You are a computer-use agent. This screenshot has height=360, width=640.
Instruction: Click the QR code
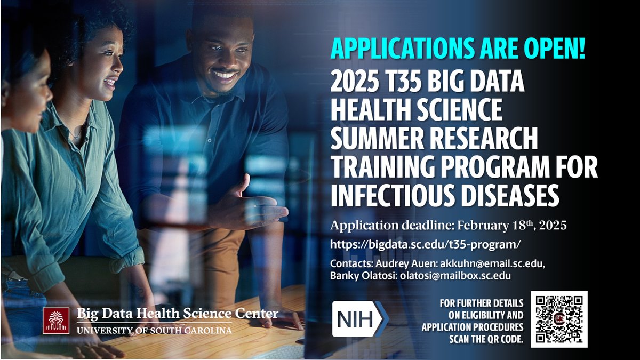pyautogui.click(x=559, y=319)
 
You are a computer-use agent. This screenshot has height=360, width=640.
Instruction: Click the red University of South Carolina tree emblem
pyautogui.click(x=56, y=321)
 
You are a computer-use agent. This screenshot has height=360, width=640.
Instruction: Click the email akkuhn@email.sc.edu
pyautogui.click(x=492, y=263)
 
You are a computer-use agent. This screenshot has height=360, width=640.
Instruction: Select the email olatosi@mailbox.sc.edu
pyautogui.click(x=455, y=276)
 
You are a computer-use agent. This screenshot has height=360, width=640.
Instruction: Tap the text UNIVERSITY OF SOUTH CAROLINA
pyautogui.click(x=154, y=330)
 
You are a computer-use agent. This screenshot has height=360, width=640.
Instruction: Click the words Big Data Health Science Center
pyautogui.click(x=177, y=313)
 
